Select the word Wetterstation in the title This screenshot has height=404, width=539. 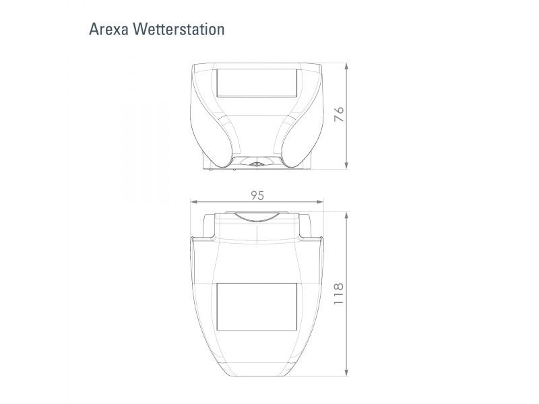pos(179,30)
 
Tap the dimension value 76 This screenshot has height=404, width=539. pos(340,114)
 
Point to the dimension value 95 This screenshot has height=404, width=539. pos(257,195)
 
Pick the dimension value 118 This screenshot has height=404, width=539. pos(339,294)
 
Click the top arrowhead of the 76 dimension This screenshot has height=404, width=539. pos(346,67)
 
